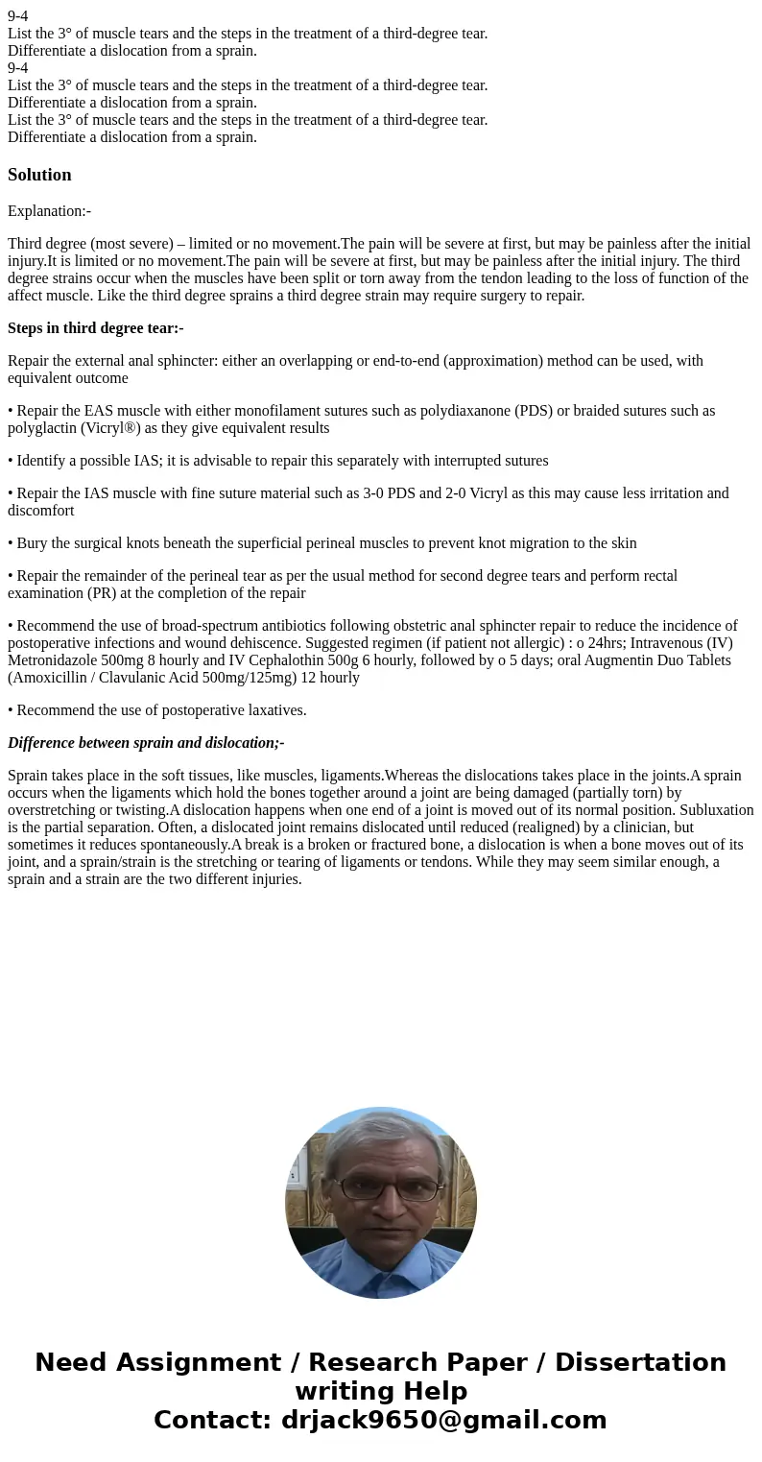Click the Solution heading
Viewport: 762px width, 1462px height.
(39, 175)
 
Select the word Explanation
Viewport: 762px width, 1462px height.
(46, 211)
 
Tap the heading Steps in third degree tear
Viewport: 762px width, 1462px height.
(95, 328)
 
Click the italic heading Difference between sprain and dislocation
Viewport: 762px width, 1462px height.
(146, 743)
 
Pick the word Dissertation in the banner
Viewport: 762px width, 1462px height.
(640, 1362)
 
